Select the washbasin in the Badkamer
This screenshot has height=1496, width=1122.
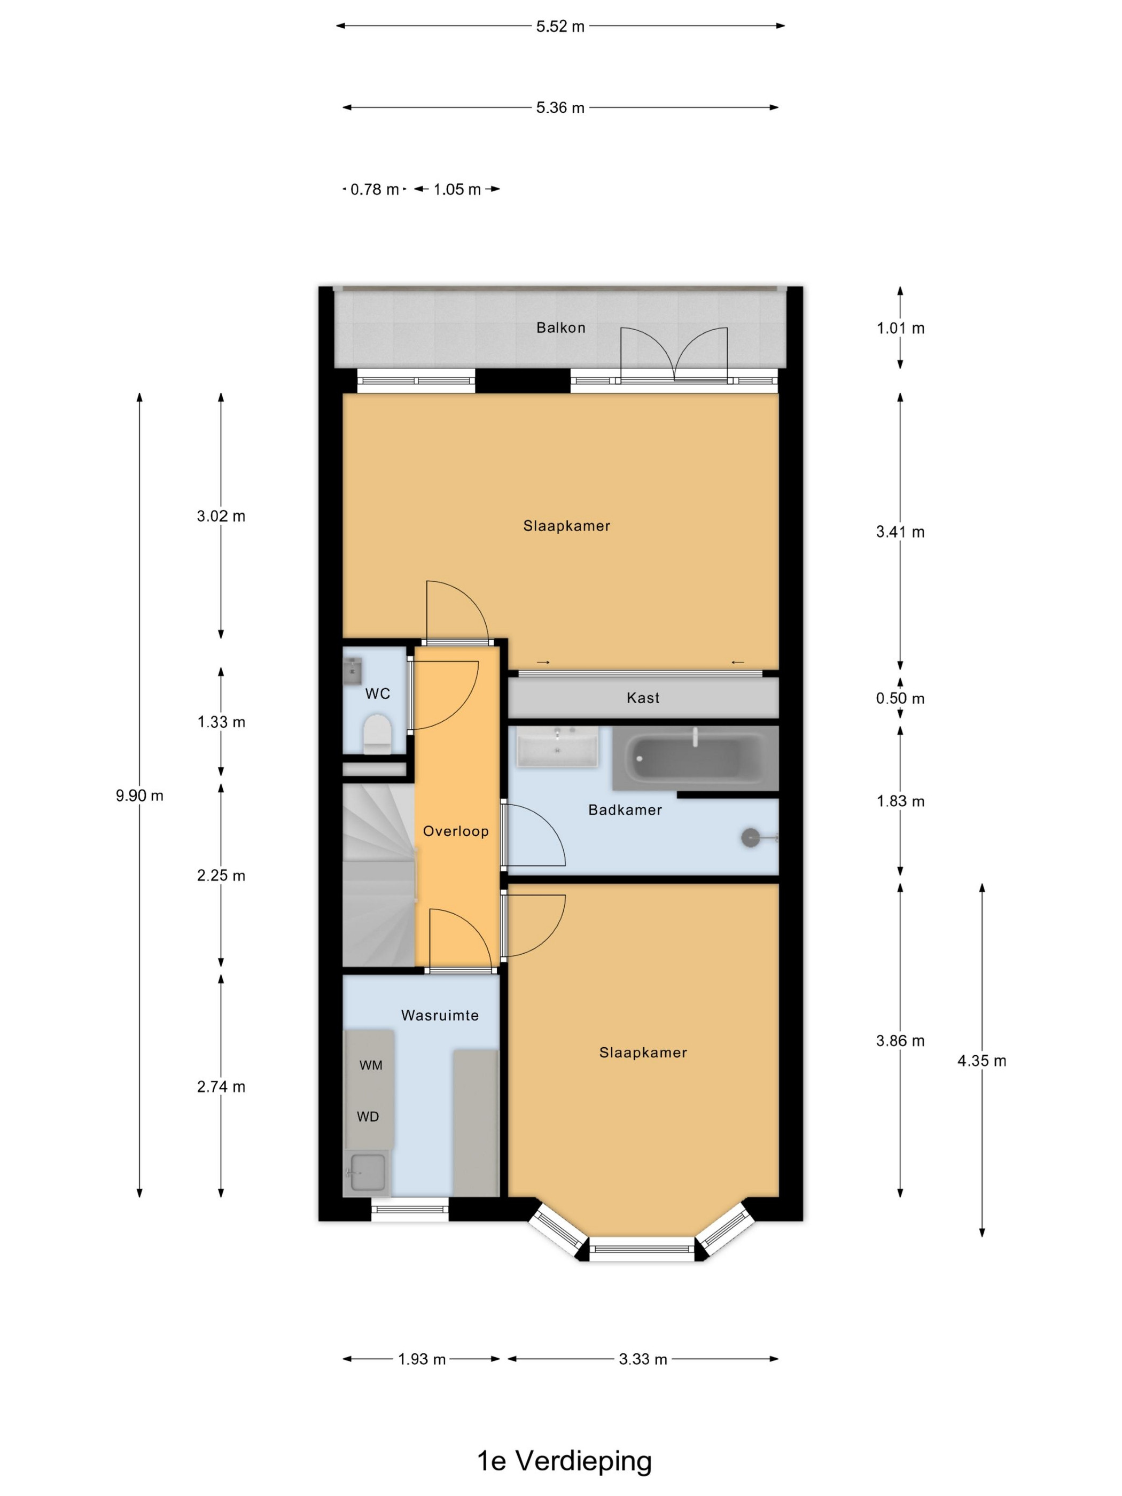tap(557, 746)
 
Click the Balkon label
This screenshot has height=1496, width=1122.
tap(560, 328)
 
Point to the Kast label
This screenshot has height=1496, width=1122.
tap(643, 698)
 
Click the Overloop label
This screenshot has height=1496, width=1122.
tap(456, 831)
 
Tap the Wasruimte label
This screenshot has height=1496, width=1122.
tap(440, 1015)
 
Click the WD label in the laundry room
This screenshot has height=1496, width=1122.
tap(368, 1117)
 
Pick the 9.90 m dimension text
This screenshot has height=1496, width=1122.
tap(139, 796)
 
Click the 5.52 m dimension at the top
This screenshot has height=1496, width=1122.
tap(560, 26)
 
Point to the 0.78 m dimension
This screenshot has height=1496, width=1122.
tap(375, 189)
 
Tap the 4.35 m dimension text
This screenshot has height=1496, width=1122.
tap(981, 1061)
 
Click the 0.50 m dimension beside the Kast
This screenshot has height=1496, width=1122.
tap(900, 699)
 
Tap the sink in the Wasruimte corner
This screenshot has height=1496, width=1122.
tap(366, 1172)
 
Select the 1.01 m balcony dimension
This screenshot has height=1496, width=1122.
tap(900, 329)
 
